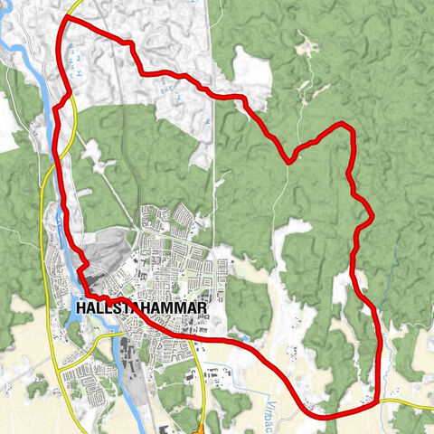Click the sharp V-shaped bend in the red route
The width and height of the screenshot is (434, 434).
288,161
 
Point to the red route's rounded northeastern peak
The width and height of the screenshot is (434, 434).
344,125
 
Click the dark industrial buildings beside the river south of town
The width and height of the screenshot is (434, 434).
127,353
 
